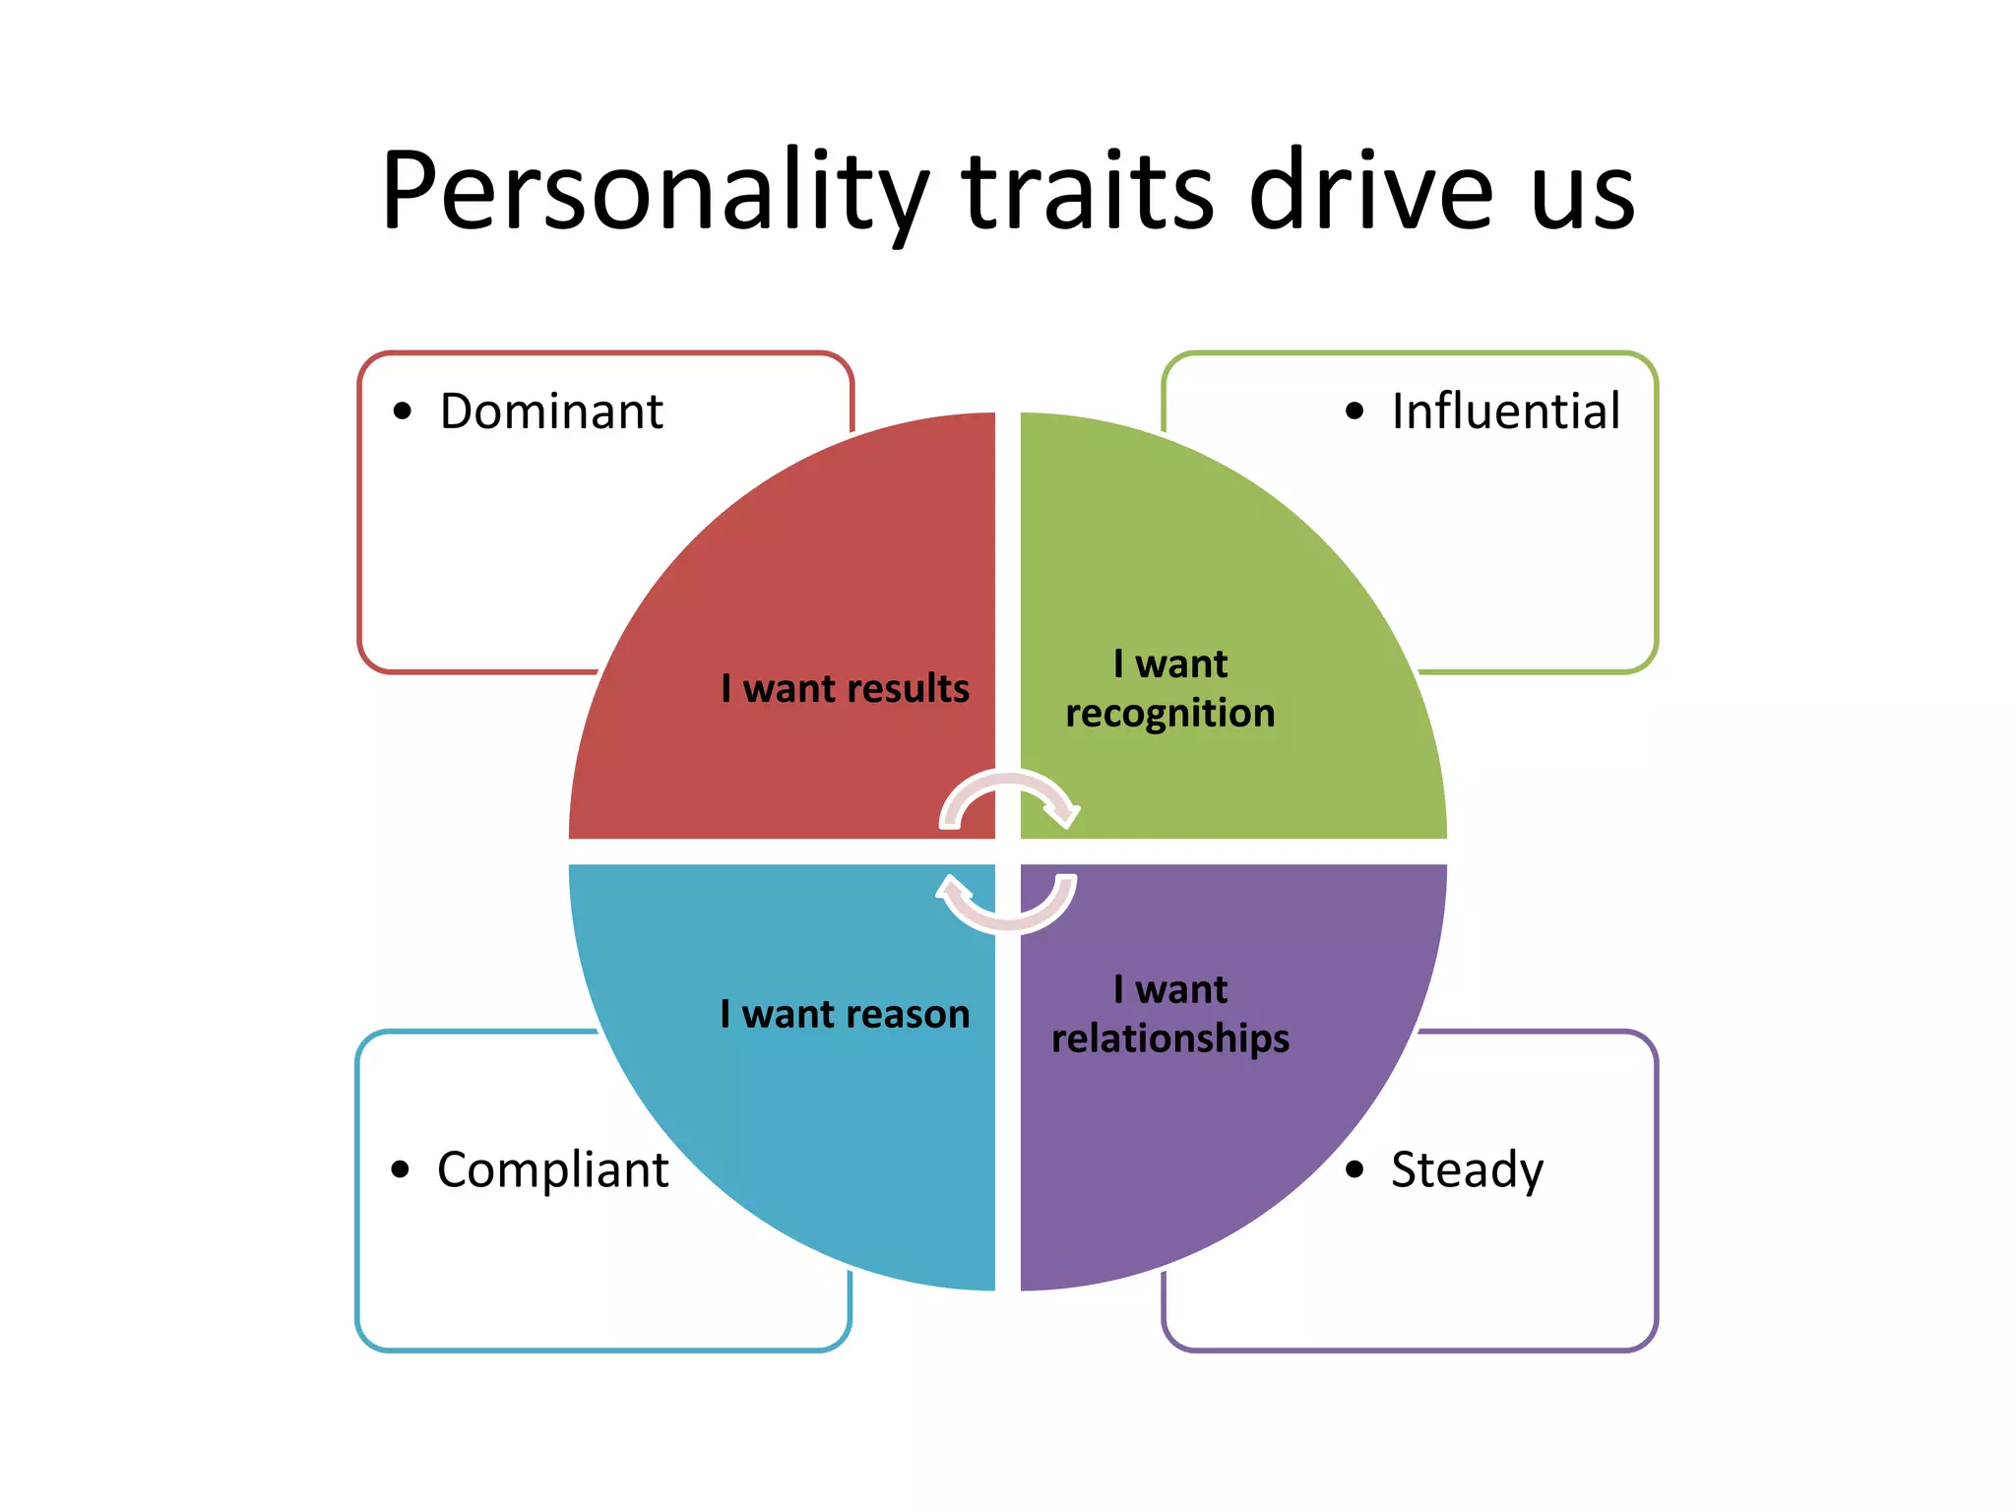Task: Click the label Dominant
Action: [551, 411]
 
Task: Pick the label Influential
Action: [1505, 411]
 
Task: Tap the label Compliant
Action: [552, 1170]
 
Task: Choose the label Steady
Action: [1467, 1170]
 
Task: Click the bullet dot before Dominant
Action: [402, 411]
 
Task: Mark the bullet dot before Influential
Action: [1354, 411]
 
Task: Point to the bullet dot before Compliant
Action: [400, 1169]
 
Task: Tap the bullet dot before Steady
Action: [1354, 1169]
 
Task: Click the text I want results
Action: [845, 688]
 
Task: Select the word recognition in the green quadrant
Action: [1169, 714]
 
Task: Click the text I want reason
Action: [845, 1014]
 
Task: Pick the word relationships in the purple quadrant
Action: [1169, 1039]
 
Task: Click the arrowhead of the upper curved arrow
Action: [1063, 814]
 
